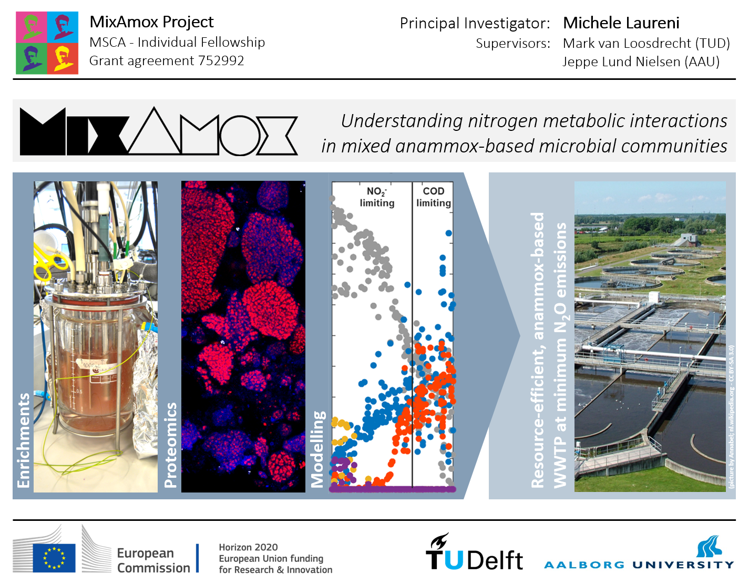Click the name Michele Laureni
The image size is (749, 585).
coord(621,23)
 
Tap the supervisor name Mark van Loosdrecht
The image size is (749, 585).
coord(627,44)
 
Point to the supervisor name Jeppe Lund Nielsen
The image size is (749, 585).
coord(621,61)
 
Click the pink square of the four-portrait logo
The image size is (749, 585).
coord(32,27)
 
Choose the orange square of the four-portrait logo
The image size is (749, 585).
coord(63,58)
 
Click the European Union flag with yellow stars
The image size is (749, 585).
coord(54,558)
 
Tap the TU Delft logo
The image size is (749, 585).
coord(474,552)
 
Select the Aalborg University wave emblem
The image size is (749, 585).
coord(710,546)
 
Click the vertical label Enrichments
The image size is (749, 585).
coord(24,440)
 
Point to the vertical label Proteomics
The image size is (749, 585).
coord(171,445)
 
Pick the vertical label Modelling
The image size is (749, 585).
coord(317,448)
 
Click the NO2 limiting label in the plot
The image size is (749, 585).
coord(377,197)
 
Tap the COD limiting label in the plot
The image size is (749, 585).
coord(434,197)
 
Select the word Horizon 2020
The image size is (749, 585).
coord(248,547)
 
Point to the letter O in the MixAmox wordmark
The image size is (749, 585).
coord(239,136)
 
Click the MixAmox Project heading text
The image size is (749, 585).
coord(152,22)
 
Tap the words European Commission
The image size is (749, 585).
coord(153,560)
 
